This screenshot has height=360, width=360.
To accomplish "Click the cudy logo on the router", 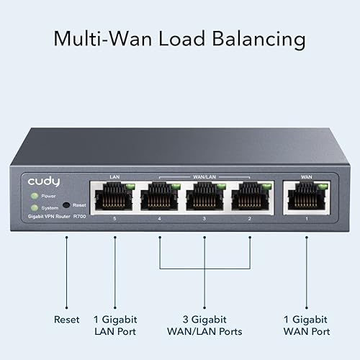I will (x=45, y=179).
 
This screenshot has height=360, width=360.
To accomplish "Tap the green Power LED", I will (x=33, y=195).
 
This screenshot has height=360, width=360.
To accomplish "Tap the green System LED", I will (x=33, y=207).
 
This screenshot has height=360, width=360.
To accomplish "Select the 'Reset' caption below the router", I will (x=67, y=319).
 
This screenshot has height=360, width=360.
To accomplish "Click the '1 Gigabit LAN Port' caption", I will (x=115, y=325).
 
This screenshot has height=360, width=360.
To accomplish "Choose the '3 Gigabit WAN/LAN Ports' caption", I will (x=204, y=325).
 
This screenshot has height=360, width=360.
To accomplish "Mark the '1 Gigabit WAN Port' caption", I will (x=305, y=325).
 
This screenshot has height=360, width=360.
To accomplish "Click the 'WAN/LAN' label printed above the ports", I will (x=204, y=175).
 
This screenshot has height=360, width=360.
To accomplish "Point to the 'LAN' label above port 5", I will (x=114, y=175).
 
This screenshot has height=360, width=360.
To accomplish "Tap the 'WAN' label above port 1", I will (x=305, y=175).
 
